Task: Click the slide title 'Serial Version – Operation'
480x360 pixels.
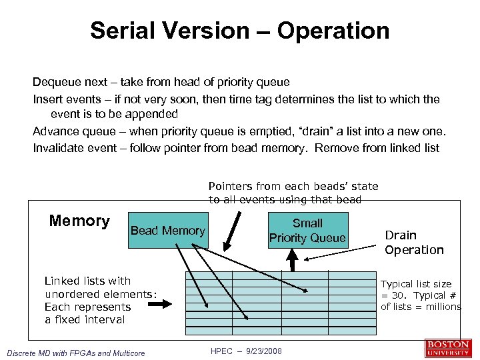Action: point(239,31)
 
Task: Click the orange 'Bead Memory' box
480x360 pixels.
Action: point(167,231)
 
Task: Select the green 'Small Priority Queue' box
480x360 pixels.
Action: point(307,231)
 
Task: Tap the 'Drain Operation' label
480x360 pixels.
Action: point(413,243)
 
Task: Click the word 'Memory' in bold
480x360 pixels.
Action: point(79,221)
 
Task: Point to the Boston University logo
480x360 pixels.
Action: point(448,348)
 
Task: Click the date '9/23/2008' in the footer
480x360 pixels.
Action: point(265,351)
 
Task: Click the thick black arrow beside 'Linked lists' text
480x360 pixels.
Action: point(158,304)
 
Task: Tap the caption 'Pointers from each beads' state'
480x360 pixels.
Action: point(293,187)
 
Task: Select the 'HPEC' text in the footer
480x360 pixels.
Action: point(221,351)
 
